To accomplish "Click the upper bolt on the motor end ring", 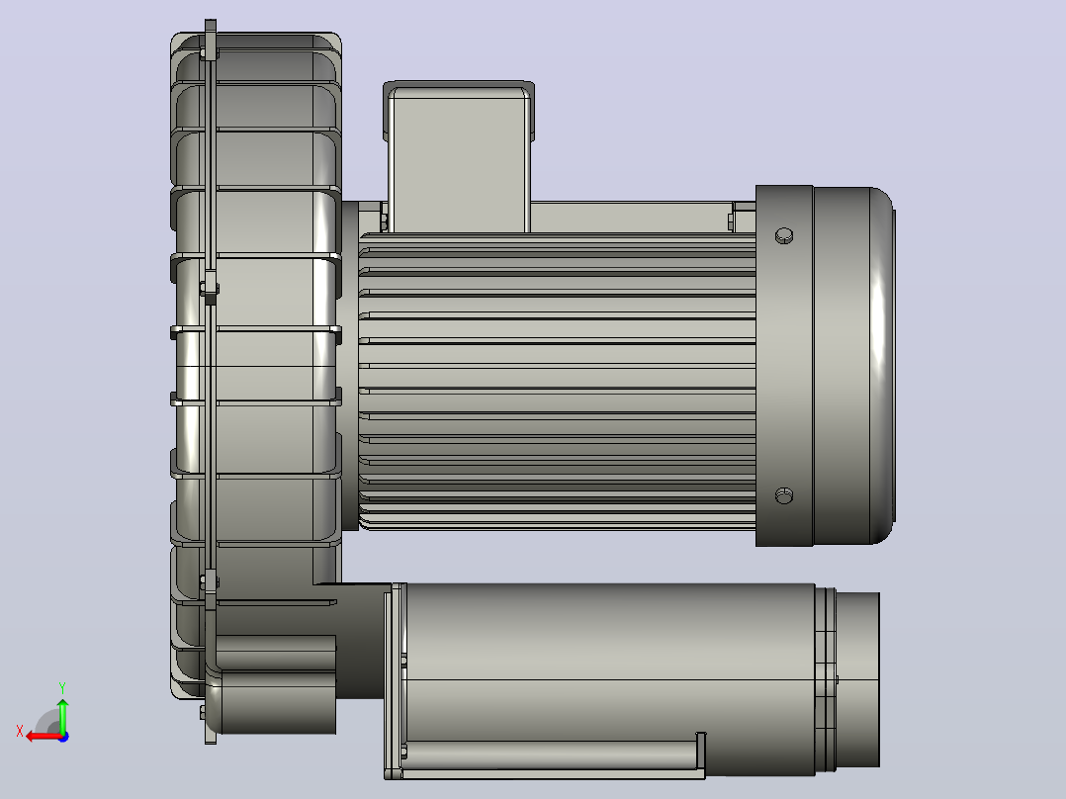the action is (784, 236).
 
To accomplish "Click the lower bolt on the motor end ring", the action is (784, 495).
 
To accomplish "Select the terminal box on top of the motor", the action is (459, 156).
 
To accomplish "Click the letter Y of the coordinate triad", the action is (62, 688).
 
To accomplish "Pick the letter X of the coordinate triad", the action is (20, 731).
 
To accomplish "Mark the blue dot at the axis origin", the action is (64, 737).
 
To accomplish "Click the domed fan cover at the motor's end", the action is (854, 365).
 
